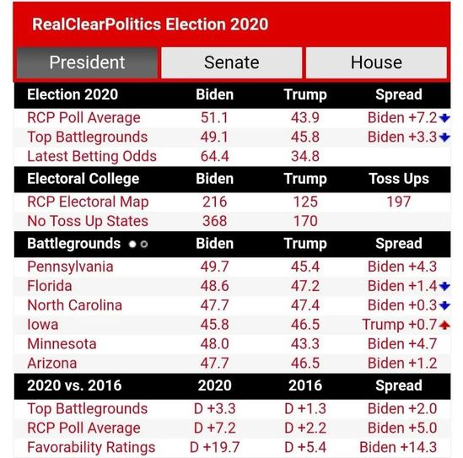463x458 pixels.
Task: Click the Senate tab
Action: click(x=231, y=62)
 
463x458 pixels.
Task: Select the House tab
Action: click(x=376, y=62)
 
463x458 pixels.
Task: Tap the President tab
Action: click(x=87, y=62)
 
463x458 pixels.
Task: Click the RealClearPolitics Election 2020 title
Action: click(x=150, y=24)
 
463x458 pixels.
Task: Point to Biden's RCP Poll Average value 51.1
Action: click(x=214, y=118)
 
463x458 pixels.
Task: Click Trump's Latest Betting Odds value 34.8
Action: click(x=305, y=156)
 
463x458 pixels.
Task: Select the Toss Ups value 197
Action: click(x=399, y=202)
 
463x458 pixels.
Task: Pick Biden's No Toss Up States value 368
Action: click(x=215, y=221)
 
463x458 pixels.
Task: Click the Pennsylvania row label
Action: click(x=70, y=267)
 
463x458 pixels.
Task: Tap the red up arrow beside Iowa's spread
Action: click(x=444, y=325)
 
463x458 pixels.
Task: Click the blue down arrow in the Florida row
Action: click(x=444, y=286)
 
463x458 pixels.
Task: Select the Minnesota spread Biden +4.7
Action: click(x=402, y=344)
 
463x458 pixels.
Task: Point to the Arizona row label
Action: click(x=52, y=364)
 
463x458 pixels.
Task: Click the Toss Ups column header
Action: click(x=399, y=179)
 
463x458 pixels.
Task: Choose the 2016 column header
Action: click(x=305, y=385)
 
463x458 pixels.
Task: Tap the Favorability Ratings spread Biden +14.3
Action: click(x=398, y=447)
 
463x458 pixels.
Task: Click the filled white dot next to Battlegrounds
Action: click(x=132, y=245)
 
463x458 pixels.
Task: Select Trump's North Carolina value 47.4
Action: click(x=305, y=305)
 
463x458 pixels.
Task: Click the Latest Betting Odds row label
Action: click(x=92, y=156)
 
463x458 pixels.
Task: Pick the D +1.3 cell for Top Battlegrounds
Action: click(x=305, y=409)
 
